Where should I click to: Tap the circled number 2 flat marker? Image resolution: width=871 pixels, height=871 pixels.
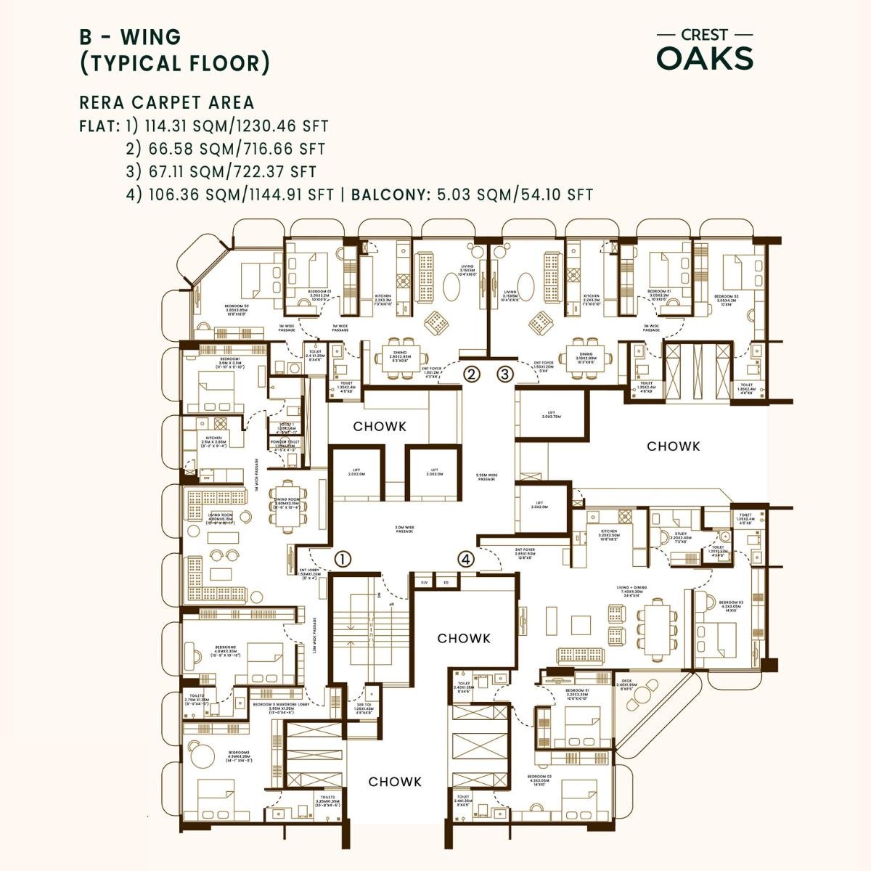tap(473, 375)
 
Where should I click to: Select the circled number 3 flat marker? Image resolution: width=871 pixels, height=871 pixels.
tap(505, 375)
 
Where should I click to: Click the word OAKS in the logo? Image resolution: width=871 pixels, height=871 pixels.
tap(705, 59)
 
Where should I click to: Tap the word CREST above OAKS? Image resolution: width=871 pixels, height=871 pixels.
tap(704, 35)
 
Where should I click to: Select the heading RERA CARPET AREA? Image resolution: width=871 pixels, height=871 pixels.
tap(167, 102)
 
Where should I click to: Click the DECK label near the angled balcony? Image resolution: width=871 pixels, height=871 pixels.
tap(626, 683)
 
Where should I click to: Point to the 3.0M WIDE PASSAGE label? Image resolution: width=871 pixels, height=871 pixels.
tap(404, 530)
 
